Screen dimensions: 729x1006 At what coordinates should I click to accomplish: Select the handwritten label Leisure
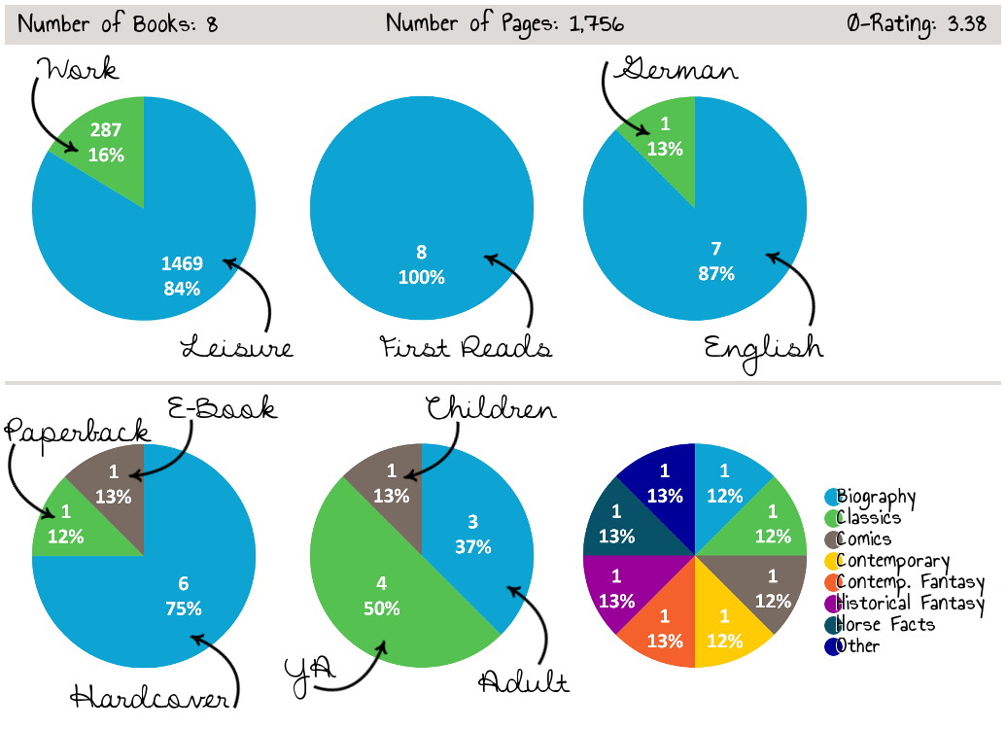(236, 346)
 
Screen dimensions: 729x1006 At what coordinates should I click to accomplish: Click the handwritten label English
(763, 346)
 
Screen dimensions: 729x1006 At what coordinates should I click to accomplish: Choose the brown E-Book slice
(115, 483)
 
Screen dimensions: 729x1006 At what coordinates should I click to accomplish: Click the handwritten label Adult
(524, 681)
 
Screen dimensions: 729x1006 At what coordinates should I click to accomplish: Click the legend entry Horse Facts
(885, 624)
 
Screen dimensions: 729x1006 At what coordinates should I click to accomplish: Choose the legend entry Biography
(876, 497)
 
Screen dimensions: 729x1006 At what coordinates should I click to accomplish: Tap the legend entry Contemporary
(892, 561)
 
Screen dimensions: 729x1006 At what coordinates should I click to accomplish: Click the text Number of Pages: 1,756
(503, 23)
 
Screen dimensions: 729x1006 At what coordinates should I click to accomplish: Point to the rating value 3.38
(967, 23)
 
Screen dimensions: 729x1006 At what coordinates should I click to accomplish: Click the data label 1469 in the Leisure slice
(183, 262)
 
